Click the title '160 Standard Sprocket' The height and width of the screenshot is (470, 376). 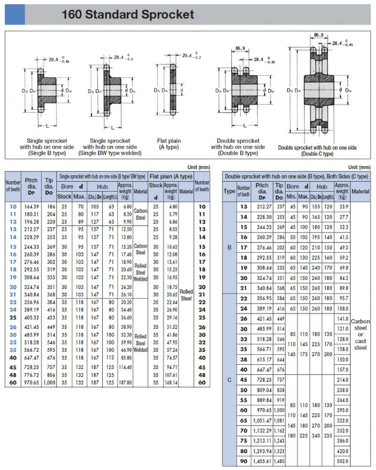127,14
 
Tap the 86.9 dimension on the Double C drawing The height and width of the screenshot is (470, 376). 319,35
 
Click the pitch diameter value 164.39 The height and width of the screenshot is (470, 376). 31,207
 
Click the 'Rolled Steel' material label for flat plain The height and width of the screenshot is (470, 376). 186,295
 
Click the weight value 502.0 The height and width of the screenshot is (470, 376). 343,460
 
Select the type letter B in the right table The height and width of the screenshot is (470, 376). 230,248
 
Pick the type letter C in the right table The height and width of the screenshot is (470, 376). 230,379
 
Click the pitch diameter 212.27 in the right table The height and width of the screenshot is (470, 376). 262,207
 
